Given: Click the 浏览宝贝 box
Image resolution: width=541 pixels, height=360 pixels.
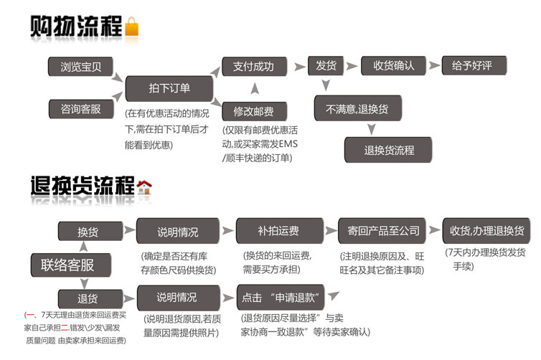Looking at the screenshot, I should coord(80,67).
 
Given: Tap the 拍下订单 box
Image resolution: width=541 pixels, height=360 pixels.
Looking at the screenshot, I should coord(169,88).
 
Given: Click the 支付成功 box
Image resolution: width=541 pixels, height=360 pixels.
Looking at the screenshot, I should coord(253,67).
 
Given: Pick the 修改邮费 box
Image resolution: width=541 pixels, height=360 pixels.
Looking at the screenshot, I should coord(253,112).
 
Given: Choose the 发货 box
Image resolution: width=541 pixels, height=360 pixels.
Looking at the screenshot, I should coord(326,66).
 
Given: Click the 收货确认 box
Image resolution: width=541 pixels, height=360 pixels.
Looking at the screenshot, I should coord(393,66).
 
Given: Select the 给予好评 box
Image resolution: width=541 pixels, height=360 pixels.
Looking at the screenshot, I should coord(474,66).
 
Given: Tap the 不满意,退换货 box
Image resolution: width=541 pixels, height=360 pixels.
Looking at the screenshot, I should coord(357,108).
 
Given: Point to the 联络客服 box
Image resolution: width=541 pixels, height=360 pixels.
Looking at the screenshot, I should coord(72,265).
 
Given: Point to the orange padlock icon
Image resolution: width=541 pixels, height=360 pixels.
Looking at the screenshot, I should coord(132,28).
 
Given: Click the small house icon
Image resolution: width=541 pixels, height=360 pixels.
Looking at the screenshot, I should coord(144,187).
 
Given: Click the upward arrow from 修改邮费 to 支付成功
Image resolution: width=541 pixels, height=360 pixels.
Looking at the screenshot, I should coord(254,90).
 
